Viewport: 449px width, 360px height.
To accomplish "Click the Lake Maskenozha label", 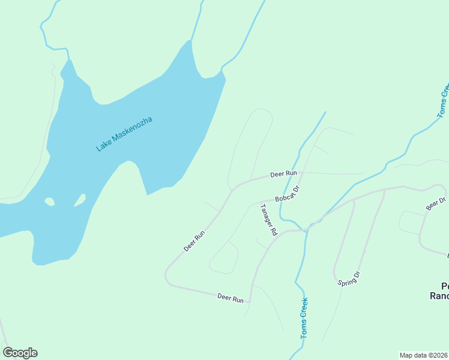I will click(x=124, y=134).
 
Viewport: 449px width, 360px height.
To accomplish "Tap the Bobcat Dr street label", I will click(x=287, y=194).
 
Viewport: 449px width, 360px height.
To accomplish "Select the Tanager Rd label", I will click(x=268, y=220).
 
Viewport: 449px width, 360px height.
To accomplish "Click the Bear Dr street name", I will click(x=436, y=204).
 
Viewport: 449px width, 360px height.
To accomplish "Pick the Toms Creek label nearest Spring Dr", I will click(x=304, y=318).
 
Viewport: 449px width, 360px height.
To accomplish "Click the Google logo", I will click(x=20, y=353).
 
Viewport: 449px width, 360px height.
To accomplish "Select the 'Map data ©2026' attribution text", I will click(x=423, y=355).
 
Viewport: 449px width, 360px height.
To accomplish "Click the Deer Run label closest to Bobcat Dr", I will click(x=283, y=174).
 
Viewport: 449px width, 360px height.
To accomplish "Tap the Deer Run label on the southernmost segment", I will click(x=230, y=298).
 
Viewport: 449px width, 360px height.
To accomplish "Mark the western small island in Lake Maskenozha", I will click(x=49, y=202).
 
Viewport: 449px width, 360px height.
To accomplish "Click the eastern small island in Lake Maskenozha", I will click(x=80, y=200).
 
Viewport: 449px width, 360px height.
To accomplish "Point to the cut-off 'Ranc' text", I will click(x=439, y=295).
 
